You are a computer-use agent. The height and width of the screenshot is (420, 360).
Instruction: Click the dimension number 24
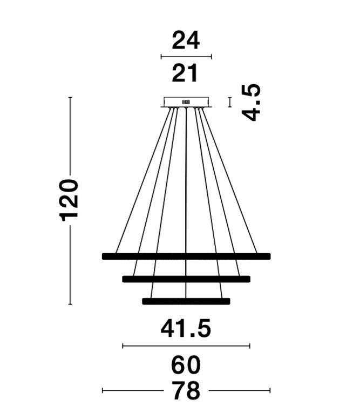pyautogui.click(x=186, y=40)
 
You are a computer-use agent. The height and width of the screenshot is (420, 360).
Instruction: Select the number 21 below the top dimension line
pyautogui.click(x=185, y=73)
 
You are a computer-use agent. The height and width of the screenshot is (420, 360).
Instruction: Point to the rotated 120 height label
pyautogui.click(x=69, y=201)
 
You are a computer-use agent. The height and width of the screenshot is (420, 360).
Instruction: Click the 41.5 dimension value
pyautogui.click(x=186, y=328)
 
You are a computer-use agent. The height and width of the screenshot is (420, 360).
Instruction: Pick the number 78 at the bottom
pyautogui.click(x=186, y=390)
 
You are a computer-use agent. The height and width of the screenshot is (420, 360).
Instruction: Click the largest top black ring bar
pyautogui.click(x=186, y=256)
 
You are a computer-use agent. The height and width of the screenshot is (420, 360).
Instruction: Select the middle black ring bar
pyautogui.click(x=186, y=279)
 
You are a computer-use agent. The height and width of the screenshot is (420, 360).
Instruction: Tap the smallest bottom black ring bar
pyautogui.click(x=186, y=301)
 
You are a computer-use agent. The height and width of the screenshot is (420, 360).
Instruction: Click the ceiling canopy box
pyautogui.click(x=186, y=102)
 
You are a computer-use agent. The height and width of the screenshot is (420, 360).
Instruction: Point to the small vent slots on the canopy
pyautogui.click(x=186, y=102)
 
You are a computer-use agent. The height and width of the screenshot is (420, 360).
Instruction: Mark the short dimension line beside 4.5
pyautogui.click(x=230, y=102)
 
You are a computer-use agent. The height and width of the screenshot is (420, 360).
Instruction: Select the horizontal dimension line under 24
pyautogui.click(x=186, y=57)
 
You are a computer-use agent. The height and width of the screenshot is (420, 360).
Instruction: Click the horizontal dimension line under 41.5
pyautogui.click(x=186, y=346)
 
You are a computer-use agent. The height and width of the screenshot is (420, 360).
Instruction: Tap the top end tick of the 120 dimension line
pyautogui.click(x=70, y=97)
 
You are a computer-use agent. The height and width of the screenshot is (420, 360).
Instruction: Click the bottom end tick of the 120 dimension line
pyautogui.click(x=70, y=304)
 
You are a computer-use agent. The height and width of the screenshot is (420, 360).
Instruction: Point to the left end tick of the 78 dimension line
pyautogui.click(x=103, y=390)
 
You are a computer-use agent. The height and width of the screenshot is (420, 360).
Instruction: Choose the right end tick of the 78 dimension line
pyautogui.click(x=270, y=390)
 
